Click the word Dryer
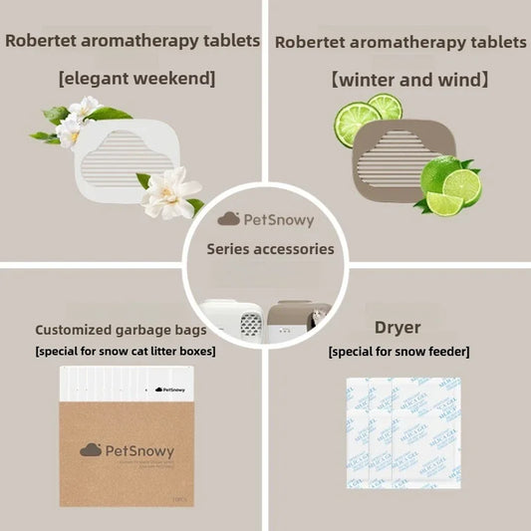tap(398, 327)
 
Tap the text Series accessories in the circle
tap(270, 249)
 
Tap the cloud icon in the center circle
tap(229, 217)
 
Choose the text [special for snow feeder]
tap(398, 352)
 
